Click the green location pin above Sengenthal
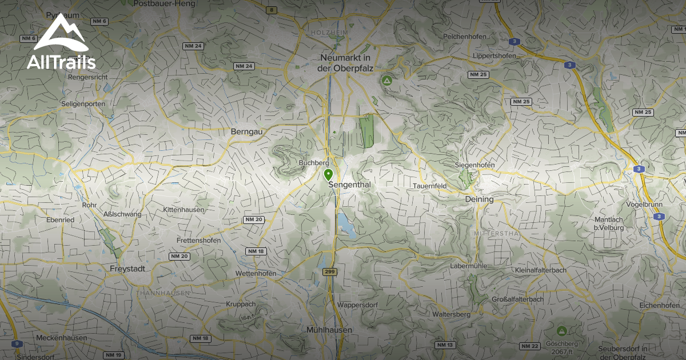point(328,174)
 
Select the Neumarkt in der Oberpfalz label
point(345,63)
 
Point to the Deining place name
point(479,199)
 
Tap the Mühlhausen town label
point(329,330)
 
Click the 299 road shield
point(330,272)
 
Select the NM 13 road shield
point(444,345)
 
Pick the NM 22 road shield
point(529,346)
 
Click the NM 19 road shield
point(114,355)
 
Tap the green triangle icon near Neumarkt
point(387,81)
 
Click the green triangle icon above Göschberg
point(561,330)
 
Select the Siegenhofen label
point(474,165)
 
